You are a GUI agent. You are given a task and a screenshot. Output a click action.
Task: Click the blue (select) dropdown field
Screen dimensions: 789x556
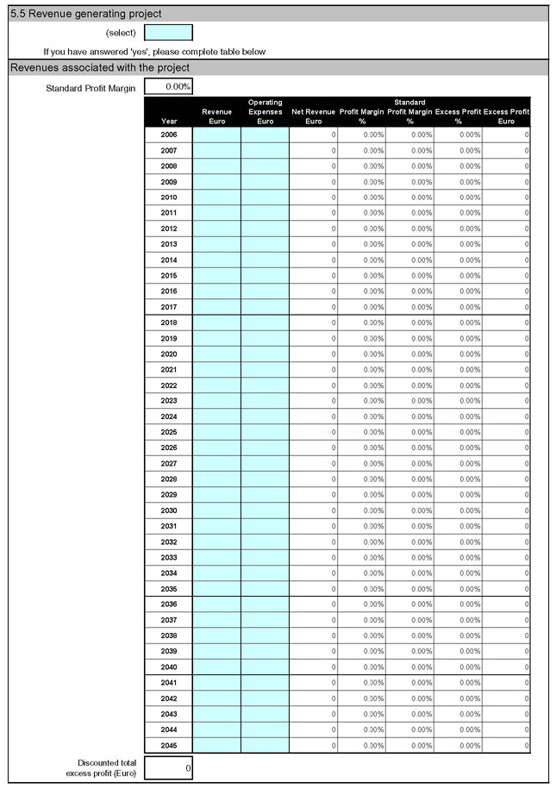click(x=168, y=33)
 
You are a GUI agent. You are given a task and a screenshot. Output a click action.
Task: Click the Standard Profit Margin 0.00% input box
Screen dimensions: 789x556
click(x=168, y=87)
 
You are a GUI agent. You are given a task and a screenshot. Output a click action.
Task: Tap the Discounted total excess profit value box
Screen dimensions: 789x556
click(x=168, y=767)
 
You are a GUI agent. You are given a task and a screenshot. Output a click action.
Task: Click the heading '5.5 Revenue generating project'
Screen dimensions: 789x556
click(x=85, y=14)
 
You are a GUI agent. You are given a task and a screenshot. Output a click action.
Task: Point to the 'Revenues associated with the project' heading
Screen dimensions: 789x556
click(x=100, y=67)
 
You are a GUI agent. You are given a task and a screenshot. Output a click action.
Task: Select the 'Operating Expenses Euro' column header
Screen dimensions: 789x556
click(x=265, y=112)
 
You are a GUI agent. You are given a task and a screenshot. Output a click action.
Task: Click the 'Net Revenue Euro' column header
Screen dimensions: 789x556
click(x=313, y=116)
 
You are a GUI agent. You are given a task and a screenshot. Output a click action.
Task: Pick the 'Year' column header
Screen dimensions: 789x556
click(x=169, y=122)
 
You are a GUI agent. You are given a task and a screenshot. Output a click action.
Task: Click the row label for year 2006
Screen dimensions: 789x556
click(x=169, y=135)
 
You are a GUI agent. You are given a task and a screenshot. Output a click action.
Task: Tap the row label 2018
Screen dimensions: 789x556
click(x=169, y=322)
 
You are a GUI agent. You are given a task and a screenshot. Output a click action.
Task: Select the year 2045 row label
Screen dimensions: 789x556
click(x=169, y=745)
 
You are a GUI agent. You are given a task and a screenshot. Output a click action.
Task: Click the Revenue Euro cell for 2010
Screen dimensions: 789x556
click(x=216, y=197)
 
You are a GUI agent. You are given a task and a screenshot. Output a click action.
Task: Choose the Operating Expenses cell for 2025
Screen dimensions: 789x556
click(x=265, y=432)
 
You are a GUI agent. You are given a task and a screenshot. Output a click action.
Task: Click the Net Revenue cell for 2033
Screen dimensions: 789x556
click(x=313, y=557)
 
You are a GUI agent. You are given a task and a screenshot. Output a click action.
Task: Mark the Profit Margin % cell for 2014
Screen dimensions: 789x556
click(x=361, y=260)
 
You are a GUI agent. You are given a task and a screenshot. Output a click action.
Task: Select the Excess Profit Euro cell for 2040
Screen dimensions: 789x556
click(x=506, y=667)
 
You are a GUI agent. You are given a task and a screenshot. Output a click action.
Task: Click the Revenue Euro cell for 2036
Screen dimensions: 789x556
click(x=216, y=604)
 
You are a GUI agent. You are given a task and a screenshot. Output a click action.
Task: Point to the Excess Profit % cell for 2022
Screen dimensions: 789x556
click(x=458, y=385)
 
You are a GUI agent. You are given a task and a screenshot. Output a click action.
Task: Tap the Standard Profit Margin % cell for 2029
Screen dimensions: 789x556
click(x=409, y=495)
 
